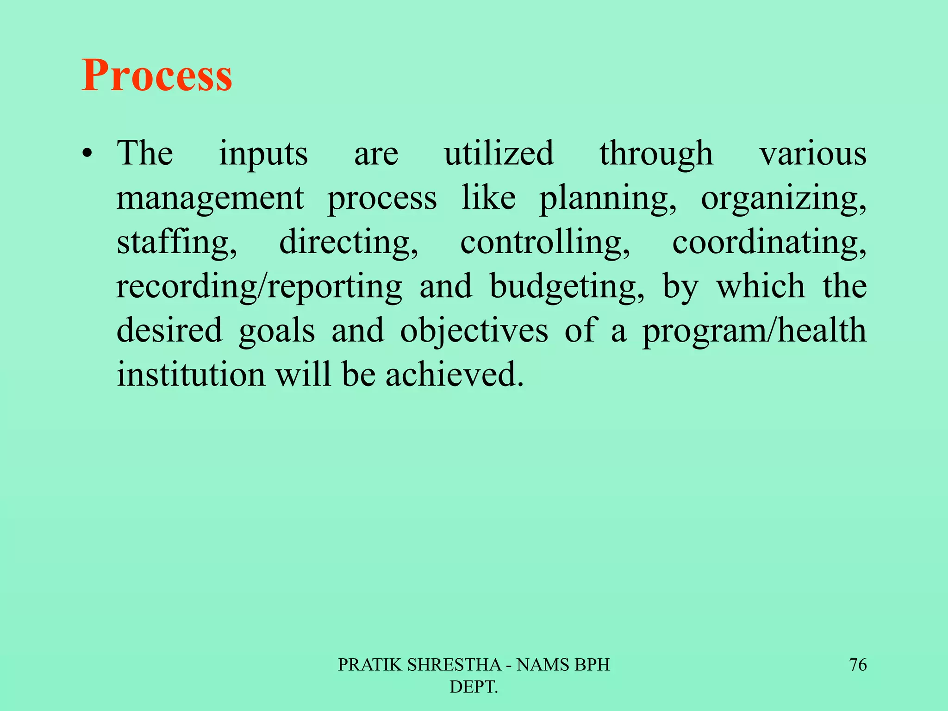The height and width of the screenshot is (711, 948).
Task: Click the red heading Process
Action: [157, 75]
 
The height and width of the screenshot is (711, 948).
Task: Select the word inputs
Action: [263, 154]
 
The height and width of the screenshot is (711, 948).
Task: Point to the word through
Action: [656, 154]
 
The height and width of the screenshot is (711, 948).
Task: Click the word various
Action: [813, 154]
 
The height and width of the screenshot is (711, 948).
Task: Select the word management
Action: [210, 198]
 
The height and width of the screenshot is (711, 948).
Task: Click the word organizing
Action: [783, 198]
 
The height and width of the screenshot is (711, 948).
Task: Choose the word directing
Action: [348, 243]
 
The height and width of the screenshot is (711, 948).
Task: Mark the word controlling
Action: [545, 243]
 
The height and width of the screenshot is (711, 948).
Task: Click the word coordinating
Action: [769, 243]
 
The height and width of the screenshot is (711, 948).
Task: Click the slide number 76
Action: [858, 665]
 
